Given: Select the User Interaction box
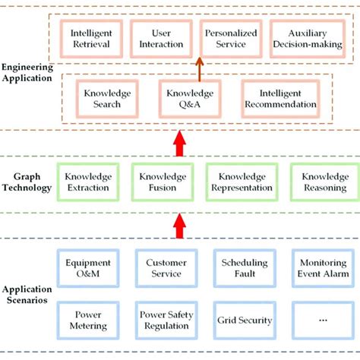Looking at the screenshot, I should [x=161, y=39].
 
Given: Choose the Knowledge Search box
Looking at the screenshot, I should [x=108, y=99].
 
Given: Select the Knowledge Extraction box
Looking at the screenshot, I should [x=88, y=182].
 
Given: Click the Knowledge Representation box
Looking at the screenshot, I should [x=241, y=182].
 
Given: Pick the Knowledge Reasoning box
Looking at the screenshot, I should [x=319, y=182].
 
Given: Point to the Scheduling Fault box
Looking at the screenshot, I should [x=244, y=269].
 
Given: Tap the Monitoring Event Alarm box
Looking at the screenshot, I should [x=319, y=269].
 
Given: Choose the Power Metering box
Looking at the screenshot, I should [x=89, y=320].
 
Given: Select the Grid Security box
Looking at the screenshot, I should [x=244, y=320].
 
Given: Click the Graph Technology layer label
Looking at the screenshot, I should [x=27, y=182].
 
